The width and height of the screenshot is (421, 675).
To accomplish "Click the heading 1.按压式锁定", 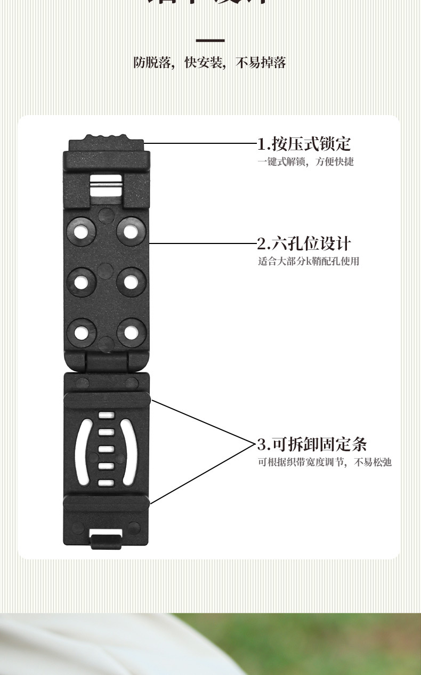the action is (304, 144).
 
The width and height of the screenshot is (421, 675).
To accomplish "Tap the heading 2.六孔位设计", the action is (304, 244).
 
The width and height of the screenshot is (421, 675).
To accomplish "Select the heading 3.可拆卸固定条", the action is (312, 444).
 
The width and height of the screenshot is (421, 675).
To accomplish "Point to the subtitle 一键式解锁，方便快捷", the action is (306, 161).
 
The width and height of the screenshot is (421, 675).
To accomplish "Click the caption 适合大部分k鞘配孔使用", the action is (309, 261).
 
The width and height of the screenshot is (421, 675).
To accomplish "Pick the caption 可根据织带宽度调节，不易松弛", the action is (325, 462).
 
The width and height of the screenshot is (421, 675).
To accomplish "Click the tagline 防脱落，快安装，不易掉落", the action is (210, 63).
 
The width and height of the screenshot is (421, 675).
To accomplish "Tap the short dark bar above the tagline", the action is (210, 40).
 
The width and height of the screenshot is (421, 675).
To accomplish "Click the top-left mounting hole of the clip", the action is (82, 231).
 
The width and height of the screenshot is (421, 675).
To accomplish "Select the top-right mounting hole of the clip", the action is (131, 231).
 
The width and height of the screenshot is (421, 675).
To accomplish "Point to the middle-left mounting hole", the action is (82, 282).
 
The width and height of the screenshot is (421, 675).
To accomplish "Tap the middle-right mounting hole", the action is (131, 281).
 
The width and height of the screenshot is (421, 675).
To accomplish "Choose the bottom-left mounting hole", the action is (82, 332).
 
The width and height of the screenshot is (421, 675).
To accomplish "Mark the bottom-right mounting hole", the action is (131, 332).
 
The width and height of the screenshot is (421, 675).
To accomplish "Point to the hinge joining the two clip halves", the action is (107, 362).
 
